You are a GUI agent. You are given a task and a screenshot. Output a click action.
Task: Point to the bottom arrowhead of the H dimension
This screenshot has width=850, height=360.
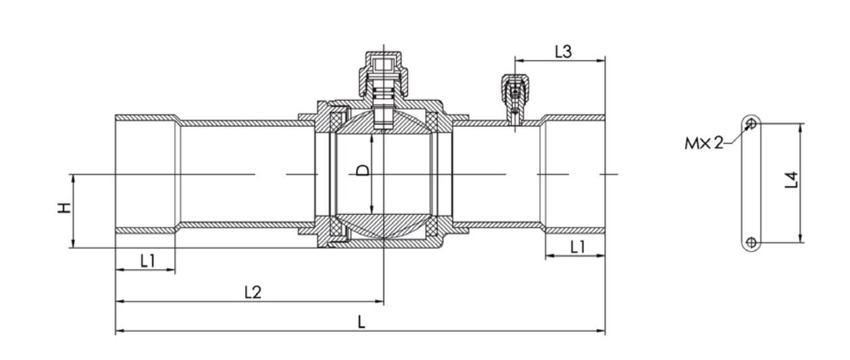(x=73, y=243)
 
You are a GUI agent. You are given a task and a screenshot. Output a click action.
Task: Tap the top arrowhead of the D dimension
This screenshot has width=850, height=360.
(x=372, y=139)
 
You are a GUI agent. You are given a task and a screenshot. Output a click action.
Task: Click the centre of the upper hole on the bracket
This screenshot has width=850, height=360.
(x=751, y=124)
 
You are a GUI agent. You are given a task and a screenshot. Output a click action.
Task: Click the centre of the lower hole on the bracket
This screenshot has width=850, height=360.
(x=751, y=242)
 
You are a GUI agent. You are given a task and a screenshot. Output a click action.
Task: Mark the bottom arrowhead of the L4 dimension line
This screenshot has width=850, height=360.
(x=801, y=238)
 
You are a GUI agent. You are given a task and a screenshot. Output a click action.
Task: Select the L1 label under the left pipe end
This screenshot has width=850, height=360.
(x=147, y=261)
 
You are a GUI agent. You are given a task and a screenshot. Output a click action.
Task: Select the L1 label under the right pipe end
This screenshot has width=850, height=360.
(x=578, y=247)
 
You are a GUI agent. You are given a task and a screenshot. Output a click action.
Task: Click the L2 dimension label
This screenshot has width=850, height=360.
(x=253, y=292)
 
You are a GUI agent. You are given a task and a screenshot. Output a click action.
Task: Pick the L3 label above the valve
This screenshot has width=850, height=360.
(x=563, y=51)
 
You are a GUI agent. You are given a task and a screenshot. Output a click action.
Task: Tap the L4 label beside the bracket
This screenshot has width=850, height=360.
(x=792, y=180)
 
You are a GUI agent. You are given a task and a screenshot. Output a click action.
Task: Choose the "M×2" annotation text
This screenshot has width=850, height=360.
(x=704, y=143)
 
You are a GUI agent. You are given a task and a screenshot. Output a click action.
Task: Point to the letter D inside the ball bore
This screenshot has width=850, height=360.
(x=363, y=170)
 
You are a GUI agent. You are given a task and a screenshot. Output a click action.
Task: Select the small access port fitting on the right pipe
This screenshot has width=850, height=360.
(x=515, y=99)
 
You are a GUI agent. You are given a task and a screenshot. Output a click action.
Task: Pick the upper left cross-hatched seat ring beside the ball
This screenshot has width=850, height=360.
(x=336, y=122)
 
